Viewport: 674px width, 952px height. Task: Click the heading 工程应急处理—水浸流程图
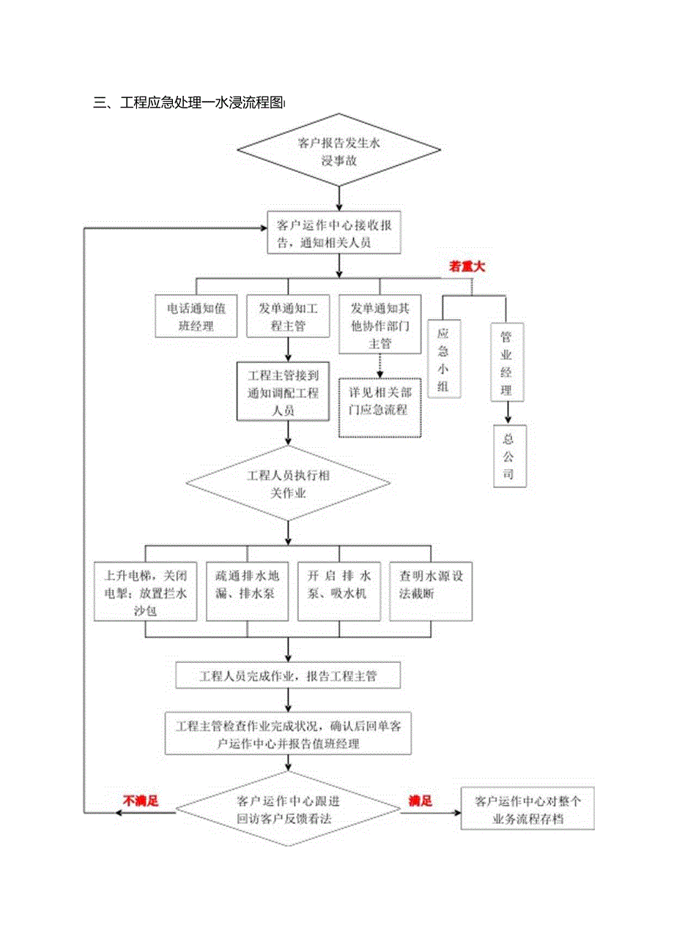pos(189,103)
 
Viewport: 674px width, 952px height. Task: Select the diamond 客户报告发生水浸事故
pos(339,151)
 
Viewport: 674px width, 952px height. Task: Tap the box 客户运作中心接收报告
pos(334,233)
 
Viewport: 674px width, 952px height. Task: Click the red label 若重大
pos(467,267)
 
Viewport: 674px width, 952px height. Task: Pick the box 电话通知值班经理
pos(196,317)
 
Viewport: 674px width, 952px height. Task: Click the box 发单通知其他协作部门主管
pos(379,325)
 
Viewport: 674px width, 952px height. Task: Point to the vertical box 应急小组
pos(444,359)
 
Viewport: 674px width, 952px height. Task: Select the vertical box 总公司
pos(508,456)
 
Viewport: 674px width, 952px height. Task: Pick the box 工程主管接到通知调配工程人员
pos(283,393)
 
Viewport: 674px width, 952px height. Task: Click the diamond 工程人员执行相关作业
pos(288,484)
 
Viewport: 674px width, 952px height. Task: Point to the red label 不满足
pos(140,801)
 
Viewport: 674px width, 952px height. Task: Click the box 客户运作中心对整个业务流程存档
pos(527,809)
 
